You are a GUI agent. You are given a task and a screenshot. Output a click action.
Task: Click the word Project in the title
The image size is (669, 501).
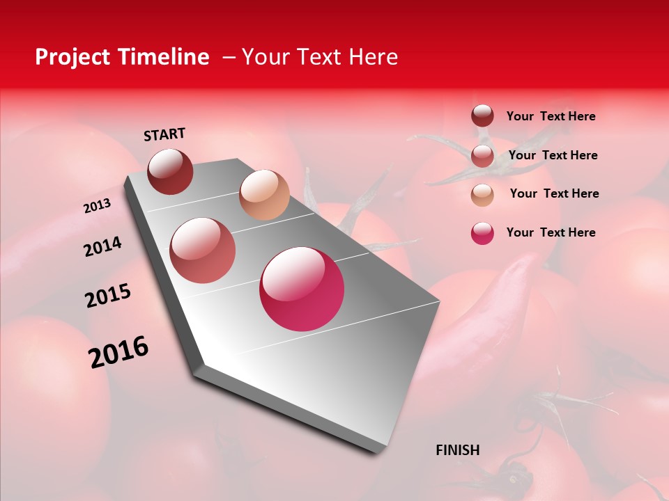point(70,57)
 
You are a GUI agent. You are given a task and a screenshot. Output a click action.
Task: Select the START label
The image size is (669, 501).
point(164,134)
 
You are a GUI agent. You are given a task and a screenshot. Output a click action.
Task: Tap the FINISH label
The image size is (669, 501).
point(458,450)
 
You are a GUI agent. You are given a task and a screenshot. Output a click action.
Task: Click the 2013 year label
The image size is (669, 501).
point(98,206)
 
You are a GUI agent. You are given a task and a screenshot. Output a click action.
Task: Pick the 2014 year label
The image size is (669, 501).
point(103,247)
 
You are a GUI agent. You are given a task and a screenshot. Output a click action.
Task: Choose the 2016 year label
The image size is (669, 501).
point(118,352)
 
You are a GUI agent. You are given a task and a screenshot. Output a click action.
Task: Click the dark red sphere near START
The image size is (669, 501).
point(170,171)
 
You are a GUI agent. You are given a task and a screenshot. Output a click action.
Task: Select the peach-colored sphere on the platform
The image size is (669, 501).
point(264,195)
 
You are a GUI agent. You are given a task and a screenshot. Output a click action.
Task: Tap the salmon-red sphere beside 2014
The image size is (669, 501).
point(203,250)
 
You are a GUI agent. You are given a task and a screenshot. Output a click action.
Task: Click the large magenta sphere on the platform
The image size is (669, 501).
point(302,289)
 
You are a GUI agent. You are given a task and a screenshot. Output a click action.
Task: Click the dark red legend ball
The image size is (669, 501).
point(482,116)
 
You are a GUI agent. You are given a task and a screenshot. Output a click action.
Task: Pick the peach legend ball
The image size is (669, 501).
point(482,194)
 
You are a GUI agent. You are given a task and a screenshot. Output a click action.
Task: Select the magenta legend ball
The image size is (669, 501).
point(482,233)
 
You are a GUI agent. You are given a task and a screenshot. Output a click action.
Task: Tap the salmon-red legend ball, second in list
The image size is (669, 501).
point(482,156)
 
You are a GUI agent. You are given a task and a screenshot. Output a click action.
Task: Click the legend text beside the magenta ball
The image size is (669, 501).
point(551,232)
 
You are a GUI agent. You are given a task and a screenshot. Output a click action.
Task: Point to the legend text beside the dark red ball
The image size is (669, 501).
point(551,116)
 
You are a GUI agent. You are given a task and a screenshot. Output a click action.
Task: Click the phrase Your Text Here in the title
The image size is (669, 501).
point(319,57)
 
